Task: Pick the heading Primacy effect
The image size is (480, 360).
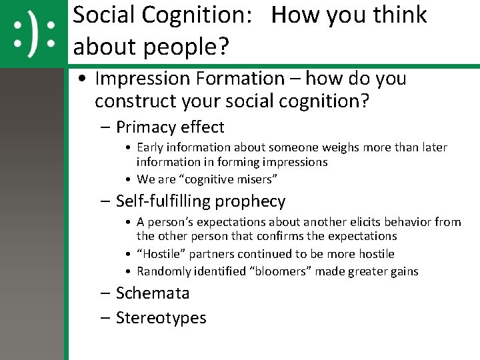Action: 170,127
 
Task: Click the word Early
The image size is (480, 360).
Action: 152,147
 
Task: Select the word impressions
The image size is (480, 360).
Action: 295,162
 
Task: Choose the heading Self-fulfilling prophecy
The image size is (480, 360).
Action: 200,201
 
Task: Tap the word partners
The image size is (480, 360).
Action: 215,254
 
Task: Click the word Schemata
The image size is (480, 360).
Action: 153,293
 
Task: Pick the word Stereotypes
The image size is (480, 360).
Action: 161,318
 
